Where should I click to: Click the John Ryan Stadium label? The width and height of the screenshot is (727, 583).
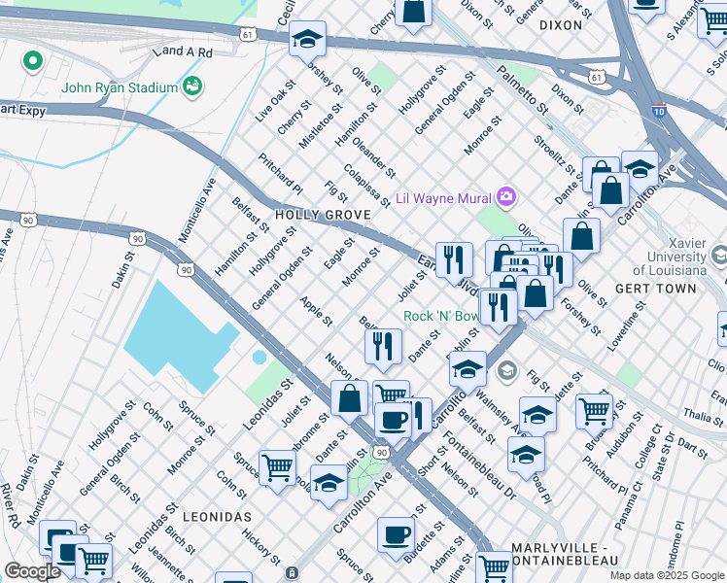point(120,87)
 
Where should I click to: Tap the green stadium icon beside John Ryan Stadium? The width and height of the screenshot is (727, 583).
point(192,86)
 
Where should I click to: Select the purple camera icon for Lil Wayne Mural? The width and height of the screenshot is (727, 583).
point(505,198)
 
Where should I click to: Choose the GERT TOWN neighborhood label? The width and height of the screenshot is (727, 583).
point(656,289)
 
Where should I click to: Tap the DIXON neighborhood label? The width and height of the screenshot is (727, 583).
point(560,25)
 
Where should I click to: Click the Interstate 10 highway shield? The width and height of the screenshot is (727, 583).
point(658,113)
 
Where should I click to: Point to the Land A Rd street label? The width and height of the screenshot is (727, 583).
point(182,51)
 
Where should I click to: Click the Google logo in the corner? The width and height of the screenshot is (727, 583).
point(32,571)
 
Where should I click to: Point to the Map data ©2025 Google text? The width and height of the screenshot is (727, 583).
point(667,575)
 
